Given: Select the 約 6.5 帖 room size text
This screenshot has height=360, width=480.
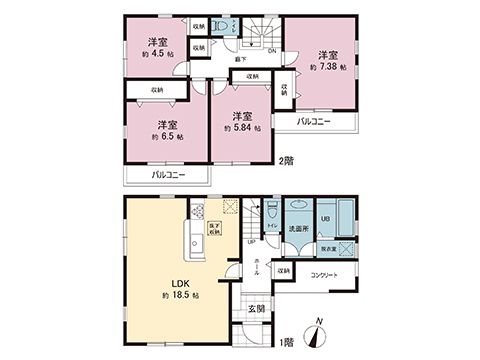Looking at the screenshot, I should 165,137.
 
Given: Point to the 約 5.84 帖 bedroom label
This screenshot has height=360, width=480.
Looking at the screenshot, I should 240,128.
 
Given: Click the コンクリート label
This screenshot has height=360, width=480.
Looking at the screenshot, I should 325,274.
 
